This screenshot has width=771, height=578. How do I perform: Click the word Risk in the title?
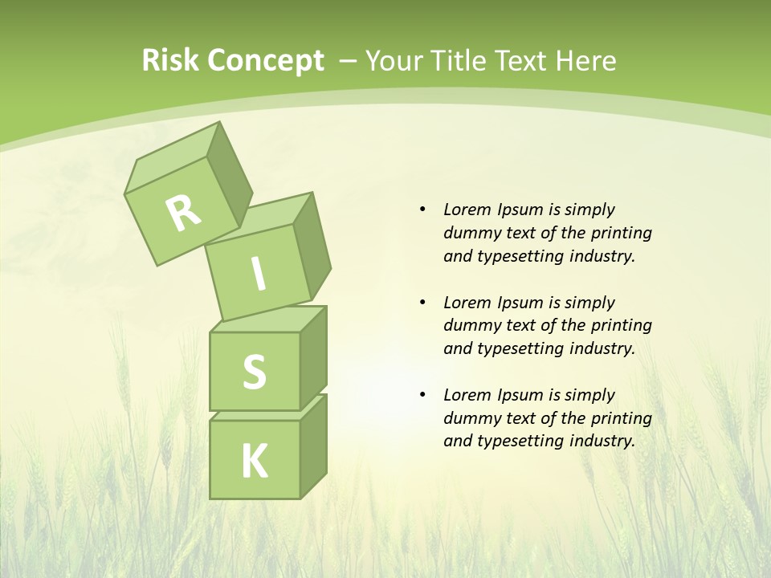point(168,60)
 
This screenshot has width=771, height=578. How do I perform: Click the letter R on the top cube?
point(183,213)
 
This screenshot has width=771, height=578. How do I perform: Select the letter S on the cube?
point(254,372)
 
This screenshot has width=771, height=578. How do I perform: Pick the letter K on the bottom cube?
point(254,462)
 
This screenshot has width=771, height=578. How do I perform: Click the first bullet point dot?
point(422,210)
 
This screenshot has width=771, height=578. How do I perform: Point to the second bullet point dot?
point(422,303)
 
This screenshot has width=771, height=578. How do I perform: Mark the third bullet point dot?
point(422,395)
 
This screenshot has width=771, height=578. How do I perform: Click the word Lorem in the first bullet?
point(467,210)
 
